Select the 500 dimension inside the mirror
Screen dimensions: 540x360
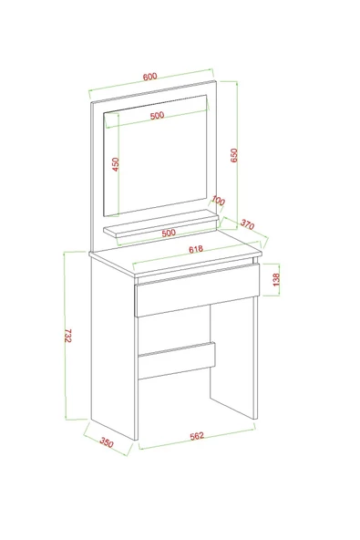[157, 116]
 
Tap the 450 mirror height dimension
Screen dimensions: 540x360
[116, 165]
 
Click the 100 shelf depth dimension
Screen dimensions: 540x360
[218, 201]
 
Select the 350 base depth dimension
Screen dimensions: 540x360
[107, 443]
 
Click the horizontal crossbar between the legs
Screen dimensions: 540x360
[178, 360]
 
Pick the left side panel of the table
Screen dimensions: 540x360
[113, 347]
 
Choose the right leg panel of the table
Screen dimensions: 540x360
[238, 365]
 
